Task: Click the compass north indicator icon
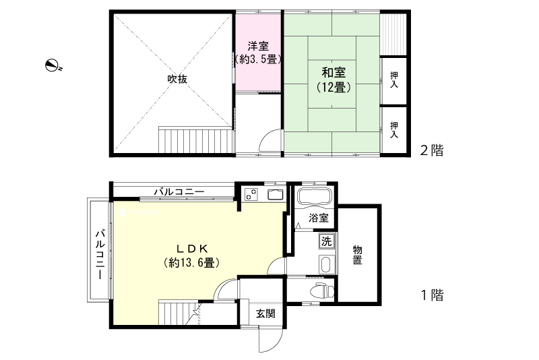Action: [x=53, y=65]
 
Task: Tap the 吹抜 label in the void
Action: [x=177, y=79]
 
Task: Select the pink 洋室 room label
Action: [x=258, y=47]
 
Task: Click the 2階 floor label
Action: [x=432, y=150]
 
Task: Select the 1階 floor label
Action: [x=432, y=295]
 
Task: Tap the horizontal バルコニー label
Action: [x=179, y=192]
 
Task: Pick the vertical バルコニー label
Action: [x=100, y=256]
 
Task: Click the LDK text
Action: [x=192, y=247]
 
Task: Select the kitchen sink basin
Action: [x=276, y=196]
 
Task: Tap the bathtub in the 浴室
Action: [x=313, y=198]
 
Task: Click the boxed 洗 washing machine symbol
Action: [x=327, y=241]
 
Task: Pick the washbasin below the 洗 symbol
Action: [x=325, y=264]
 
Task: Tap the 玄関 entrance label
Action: [x=263, y=313]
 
